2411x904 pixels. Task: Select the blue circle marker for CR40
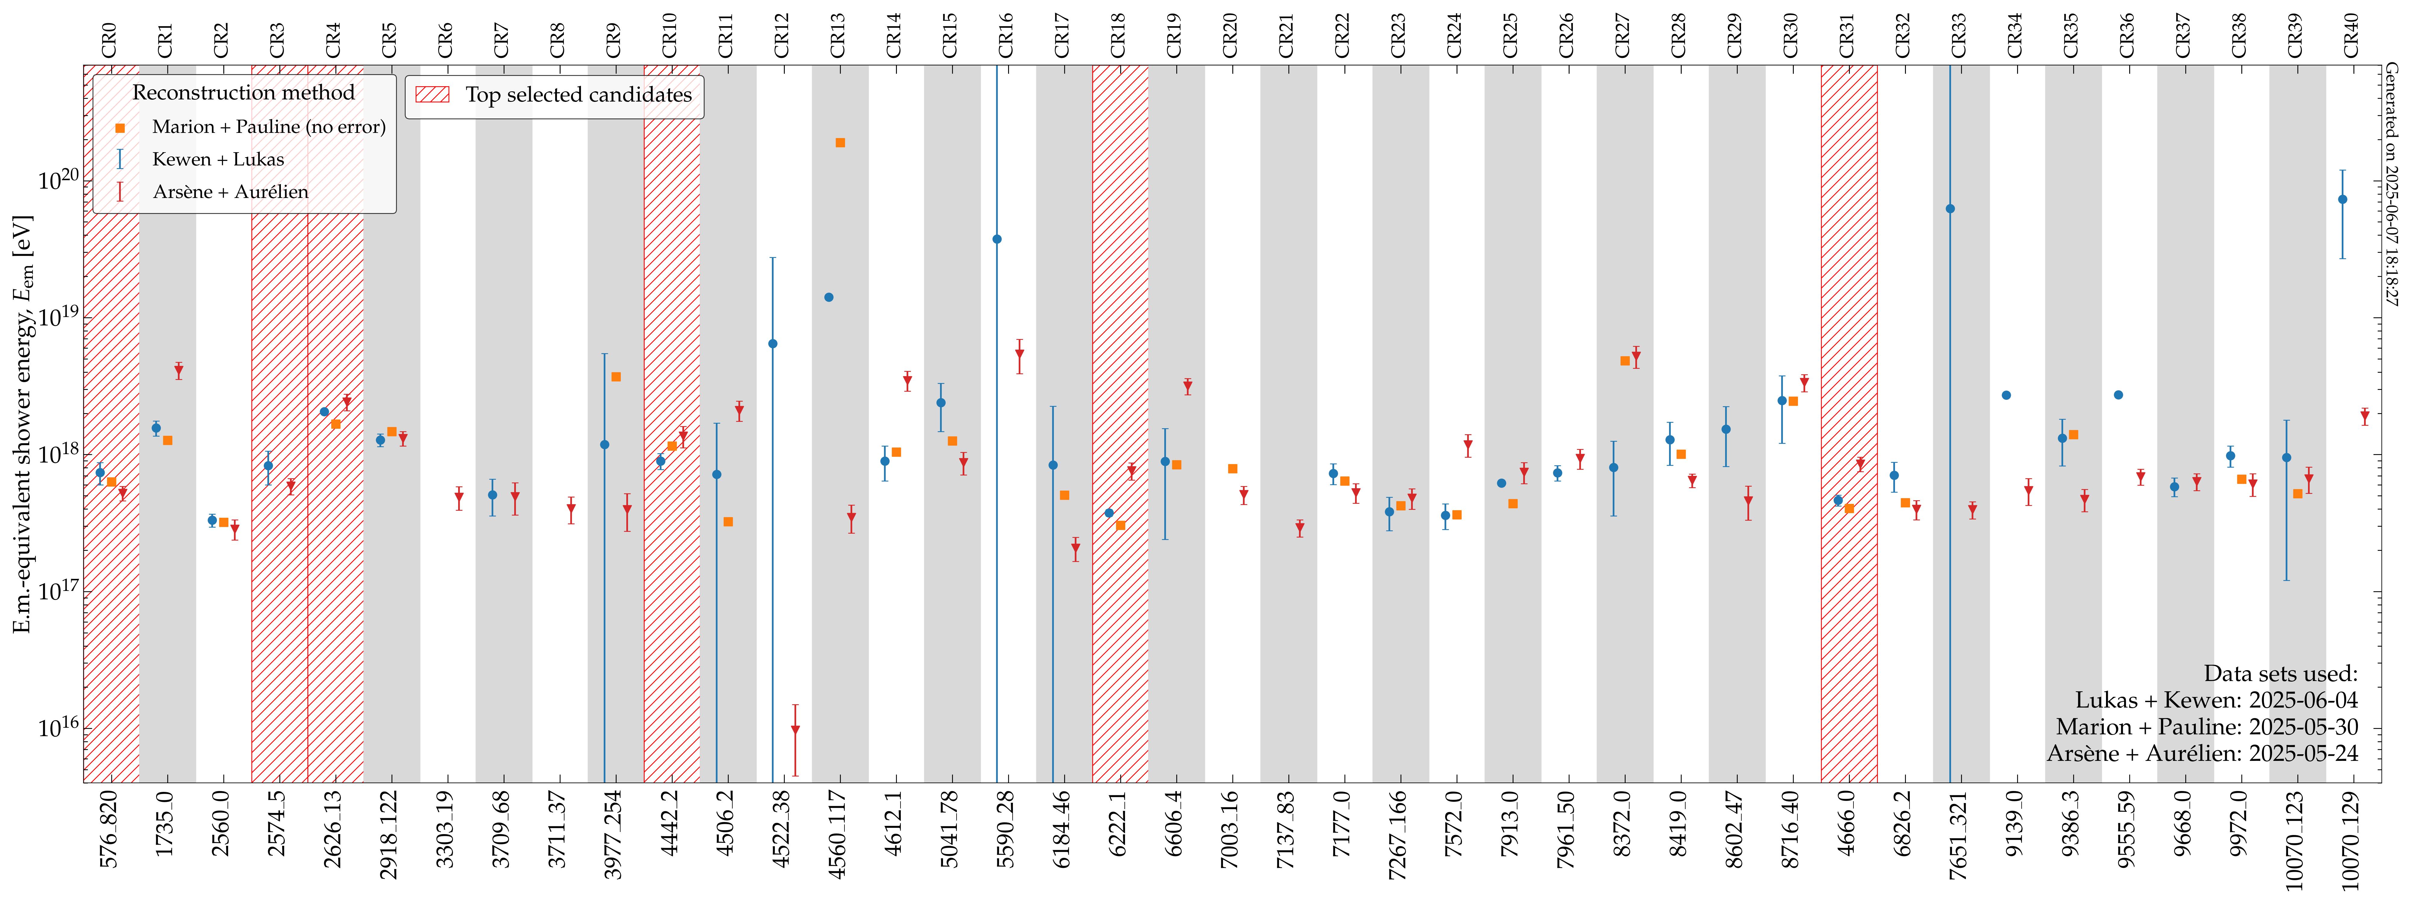[x=2343, y=199]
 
